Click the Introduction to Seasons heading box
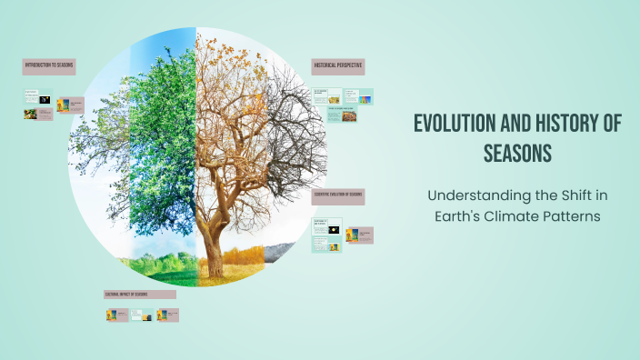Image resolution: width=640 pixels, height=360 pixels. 49,66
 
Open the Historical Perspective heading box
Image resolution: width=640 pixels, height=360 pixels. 338,66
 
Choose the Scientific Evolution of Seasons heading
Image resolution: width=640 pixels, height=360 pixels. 338,195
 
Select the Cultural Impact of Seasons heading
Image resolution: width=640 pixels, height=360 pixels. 139,295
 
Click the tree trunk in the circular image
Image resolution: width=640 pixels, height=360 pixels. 215,245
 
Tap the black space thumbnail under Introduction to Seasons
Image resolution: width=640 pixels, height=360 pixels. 45,99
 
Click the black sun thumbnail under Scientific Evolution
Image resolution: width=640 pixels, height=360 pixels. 335,232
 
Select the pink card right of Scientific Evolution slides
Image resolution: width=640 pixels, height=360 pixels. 361,235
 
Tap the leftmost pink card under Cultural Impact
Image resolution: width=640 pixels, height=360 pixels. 115,315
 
